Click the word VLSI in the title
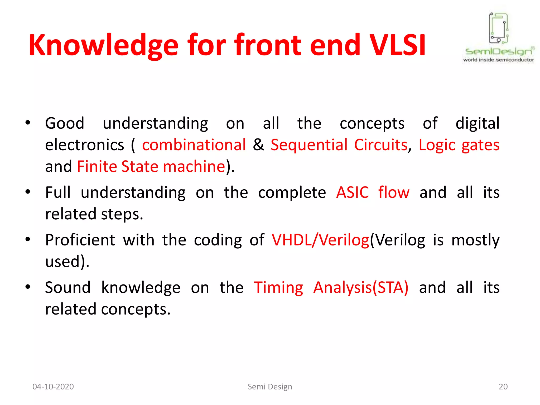(x=397, y=45)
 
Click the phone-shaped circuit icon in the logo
(x=498, y=28)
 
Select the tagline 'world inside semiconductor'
(x=498, y=60)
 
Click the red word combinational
(x=194, y=145)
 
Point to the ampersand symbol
(x=258, y=145)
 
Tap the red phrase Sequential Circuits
(x=339, y=145)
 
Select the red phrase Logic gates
(x=459, y=145)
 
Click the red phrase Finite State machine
(x=151, y=166)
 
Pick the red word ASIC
(x=353, y=192)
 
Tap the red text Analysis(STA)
(x=361, y=287)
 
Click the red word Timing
(x=278, y=288)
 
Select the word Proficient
(x=80, y=240)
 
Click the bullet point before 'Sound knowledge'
(x=28, y=287)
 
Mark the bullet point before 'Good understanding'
(x=28, y=123)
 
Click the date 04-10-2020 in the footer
(x=53, y=387)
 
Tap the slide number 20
(x=503, y=387)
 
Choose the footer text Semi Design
(x=270, y=387)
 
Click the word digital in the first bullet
(x=477, y=123)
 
